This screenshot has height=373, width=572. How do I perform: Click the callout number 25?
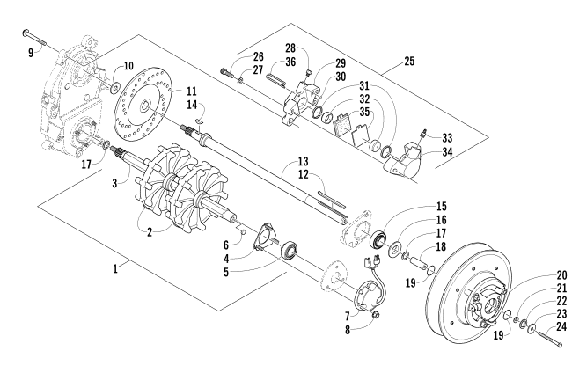coord(409,61)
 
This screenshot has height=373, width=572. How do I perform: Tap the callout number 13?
coord(303,161)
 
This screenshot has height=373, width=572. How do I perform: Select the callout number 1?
coord(115,269)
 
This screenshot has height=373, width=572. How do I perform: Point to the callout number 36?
coord(290,62)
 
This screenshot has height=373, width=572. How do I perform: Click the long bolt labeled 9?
coord(34,38)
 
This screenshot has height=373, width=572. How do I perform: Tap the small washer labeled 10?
coord(116,87)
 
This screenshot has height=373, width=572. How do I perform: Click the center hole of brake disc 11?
coord(145,106)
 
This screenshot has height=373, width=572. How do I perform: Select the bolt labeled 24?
coord(548,338)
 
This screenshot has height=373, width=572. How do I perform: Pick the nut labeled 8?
coord(376,314)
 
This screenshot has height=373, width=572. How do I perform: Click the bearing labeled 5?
coord(290,251)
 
